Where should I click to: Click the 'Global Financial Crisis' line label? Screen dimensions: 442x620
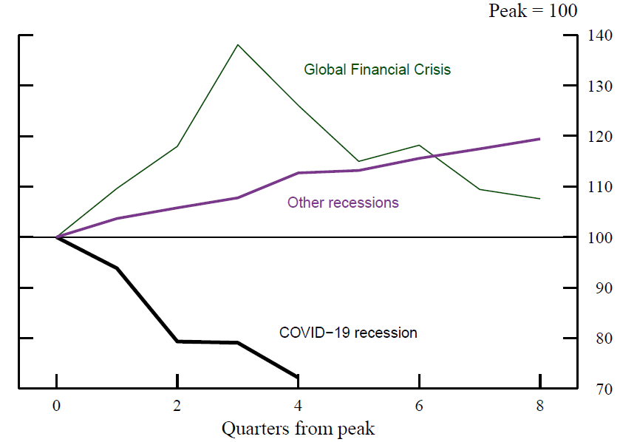pyautogui.click(x=377, y=69)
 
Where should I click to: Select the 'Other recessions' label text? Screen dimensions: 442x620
pyautogui.click(x=343, y=203)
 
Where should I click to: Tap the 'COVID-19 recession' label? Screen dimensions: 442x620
pyautogui.click(x=348, y=333)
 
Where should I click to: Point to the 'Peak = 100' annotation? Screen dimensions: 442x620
pyautogui.click(x=533, y=11)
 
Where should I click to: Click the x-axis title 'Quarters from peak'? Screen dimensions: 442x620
pyautogui.click(x=298, y=429)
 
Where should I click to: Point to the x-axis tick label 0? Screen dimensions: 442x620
pyautogui.click(x=57, y=406)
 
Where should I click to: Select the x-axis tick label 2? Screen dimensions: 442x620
pyautogui.click(x=177, y=406)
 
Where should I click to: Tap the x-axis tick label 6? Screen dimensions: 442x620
pyautogui.click(x=419, y=406)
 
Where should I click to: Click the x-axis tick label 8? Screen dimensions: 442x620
pyautogui.click(x=539, y=406)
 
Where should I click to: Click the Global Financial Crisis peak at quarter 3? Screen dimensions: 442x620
pyautogui.click(x=238, y=45)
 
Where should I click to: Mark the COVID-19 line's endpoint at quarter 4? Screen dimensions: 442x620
pyautogui.click(x=298, y=377)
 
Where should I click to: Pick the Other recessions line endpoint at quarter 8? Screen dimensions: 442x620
pyautogui.click(x=539, y=139)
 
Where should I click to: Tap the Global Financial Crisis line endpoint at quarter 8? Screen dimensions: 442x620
pyautogui.click(x=539, y=199)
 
